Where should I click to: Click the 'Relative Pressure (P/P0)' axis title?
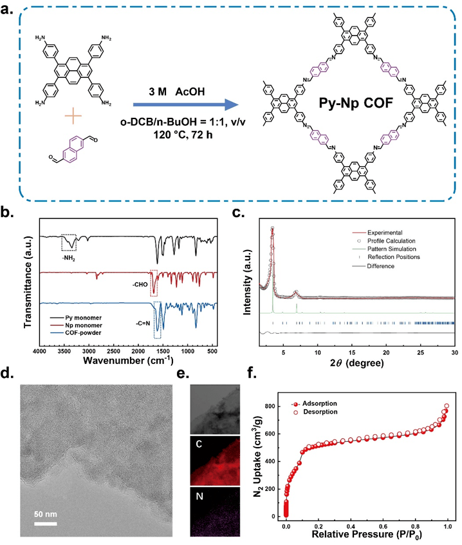(x=366, y=535)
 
